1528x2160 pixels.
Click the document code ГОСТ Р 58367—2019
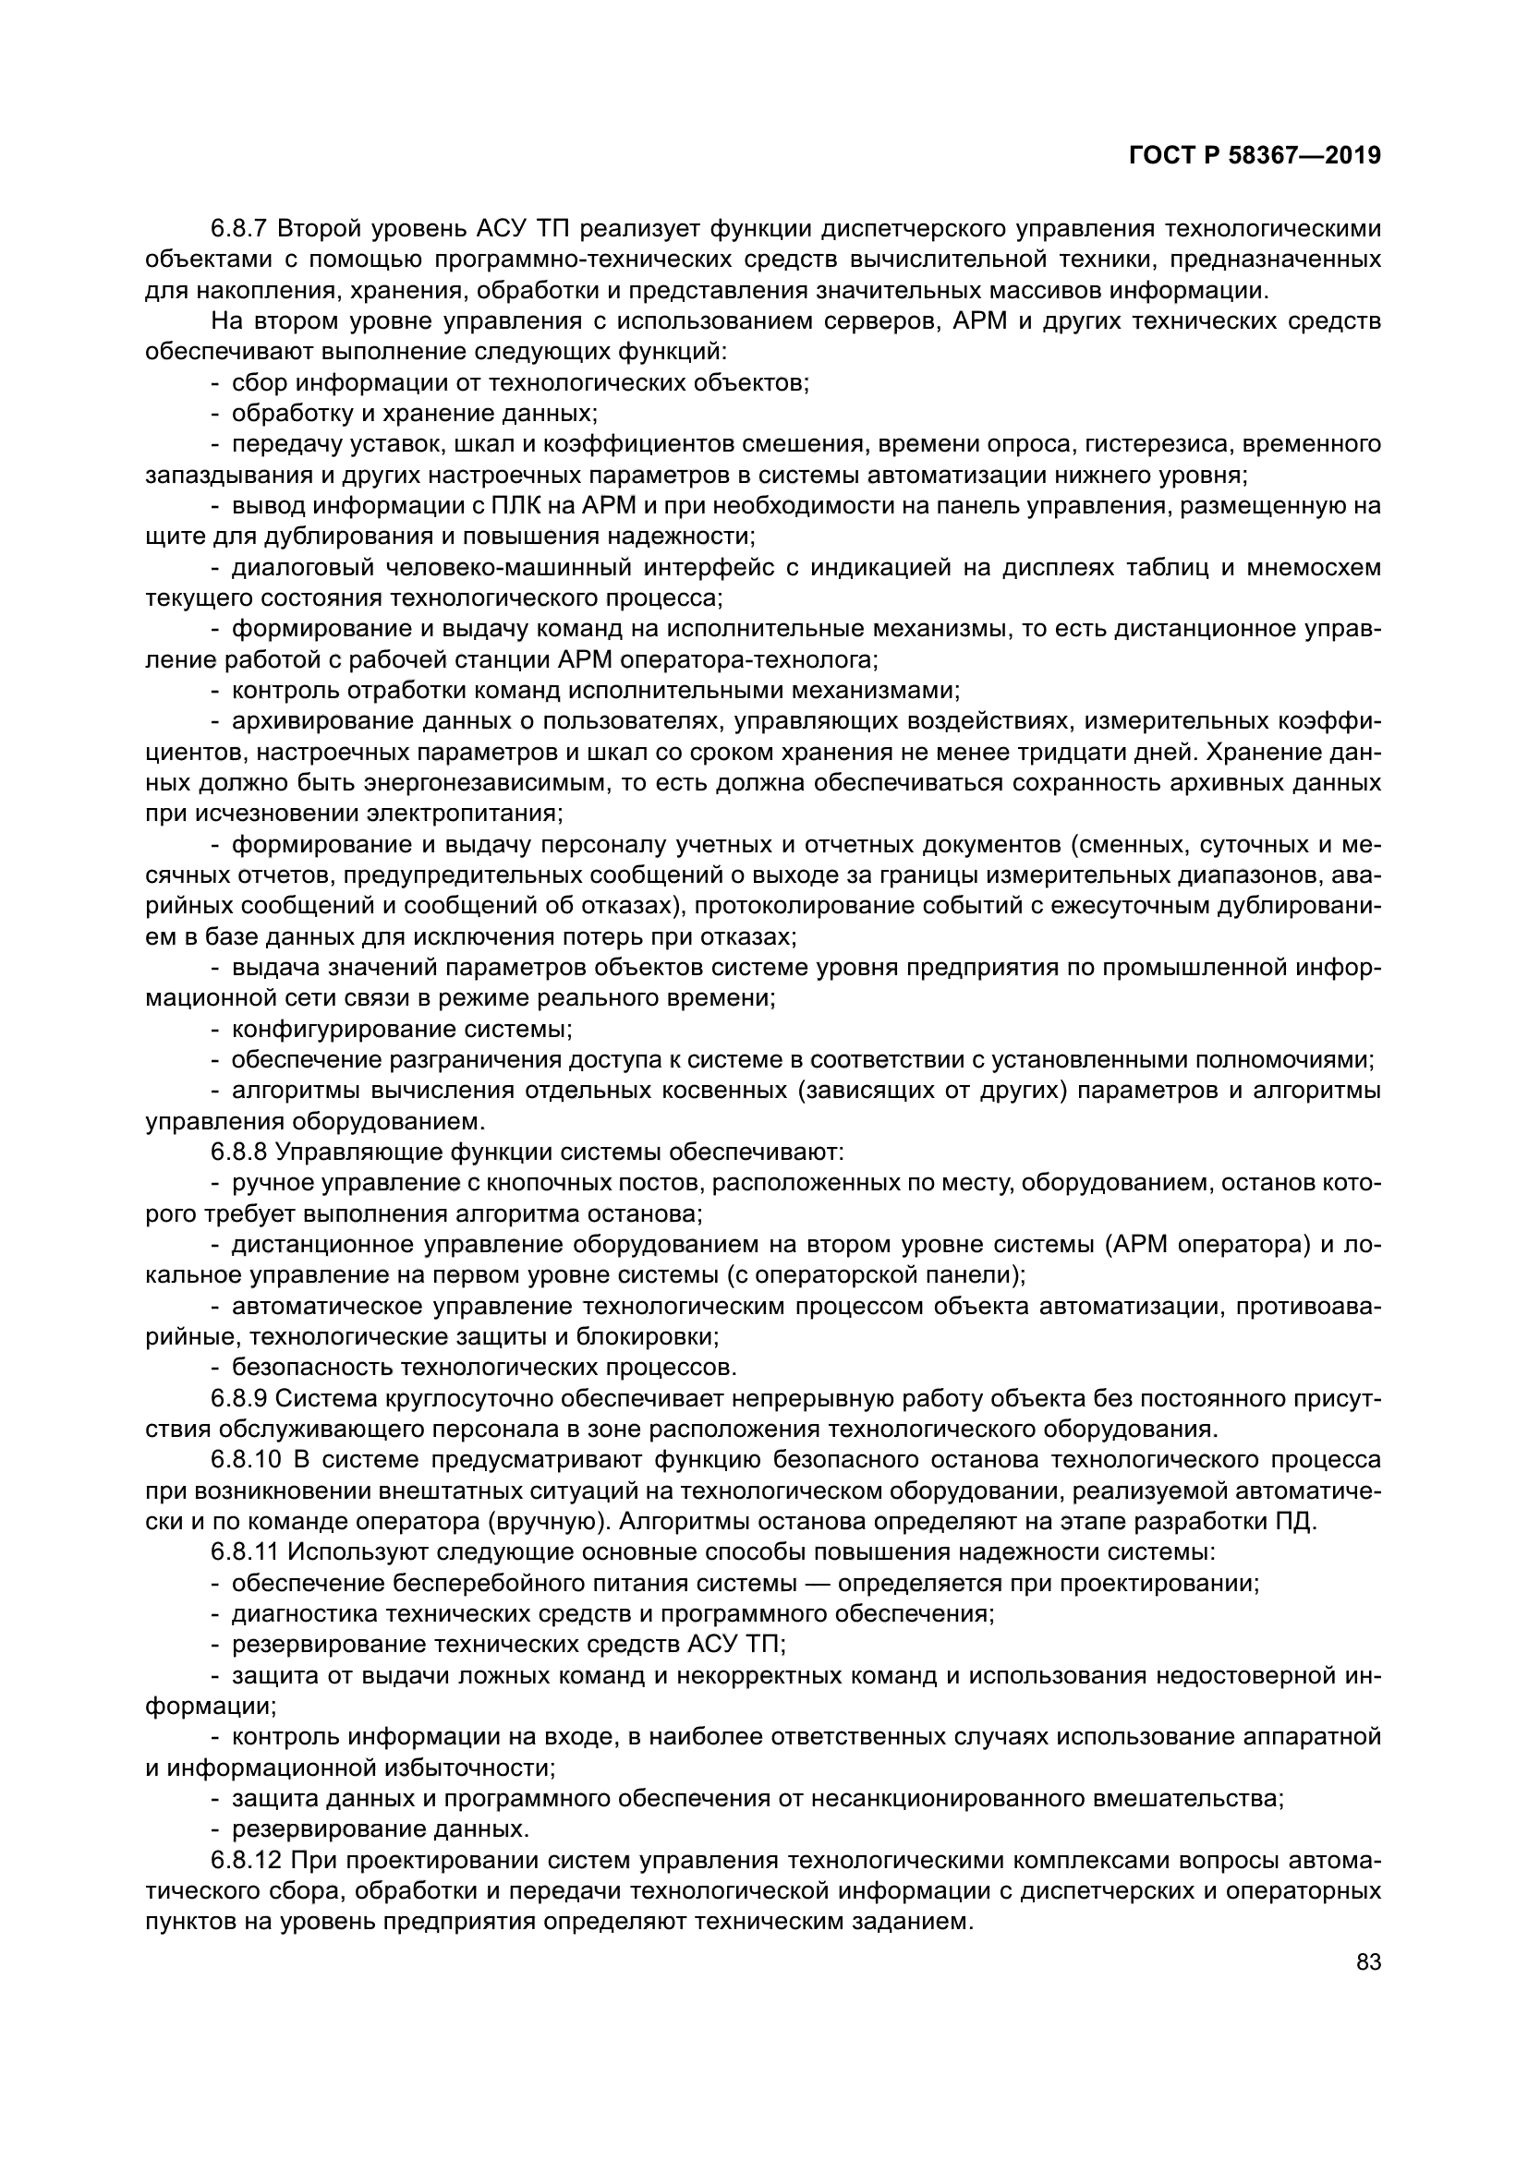1255,156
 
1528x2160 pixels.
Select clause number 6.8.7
240,229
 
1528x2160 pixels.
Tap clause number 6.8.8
240,1152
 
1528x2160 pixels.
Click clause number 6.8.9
240,1399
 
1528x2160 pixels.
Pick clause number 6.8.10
247,1460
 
